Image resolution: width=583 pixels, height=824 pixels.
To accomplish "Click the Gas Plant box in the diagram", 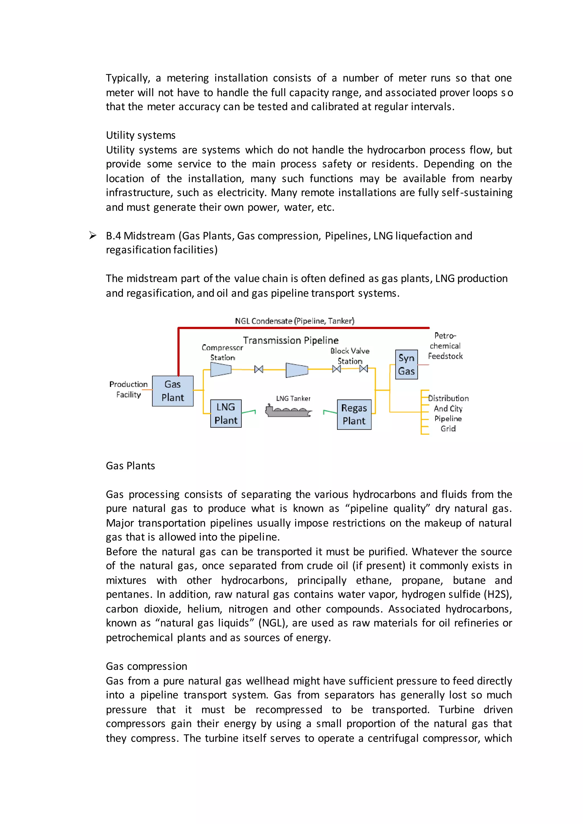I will [173, 391].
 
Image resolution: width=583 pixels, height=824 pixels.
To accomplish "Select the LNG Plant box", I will [226, 413].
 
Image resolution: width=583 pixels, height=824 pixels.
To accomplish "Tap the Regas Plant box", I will [354, 415].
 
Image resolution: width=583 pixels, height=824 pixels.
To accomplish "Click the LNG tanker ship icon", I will [288, 410].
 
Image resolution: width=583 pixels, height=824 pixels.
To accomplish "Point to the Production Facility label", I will [128, 390].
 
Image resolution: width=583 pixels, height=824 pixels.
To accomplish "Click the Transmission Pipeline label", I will [291, 340].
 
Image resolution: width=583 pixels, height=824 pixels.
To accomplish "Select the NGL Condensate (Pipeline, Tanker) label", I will [294, 321].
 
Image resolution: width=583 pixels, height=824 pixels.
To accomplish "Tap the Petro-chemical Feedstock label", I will [445, 346].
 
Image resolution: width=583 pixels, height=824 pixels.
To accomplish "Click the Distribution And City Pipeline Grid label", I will [448, 413].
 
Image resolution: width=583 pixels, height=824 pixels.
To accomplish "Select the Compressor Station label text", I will [222, 353].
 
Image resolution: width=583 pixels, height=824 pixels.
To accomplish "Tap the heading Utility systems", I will [140, 135].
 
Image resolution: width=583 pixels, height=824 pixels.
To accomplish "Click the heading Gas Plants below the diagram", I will [130, 466].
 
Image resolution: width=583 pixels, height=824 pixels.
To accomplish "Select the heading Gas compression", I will [147, 666].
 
